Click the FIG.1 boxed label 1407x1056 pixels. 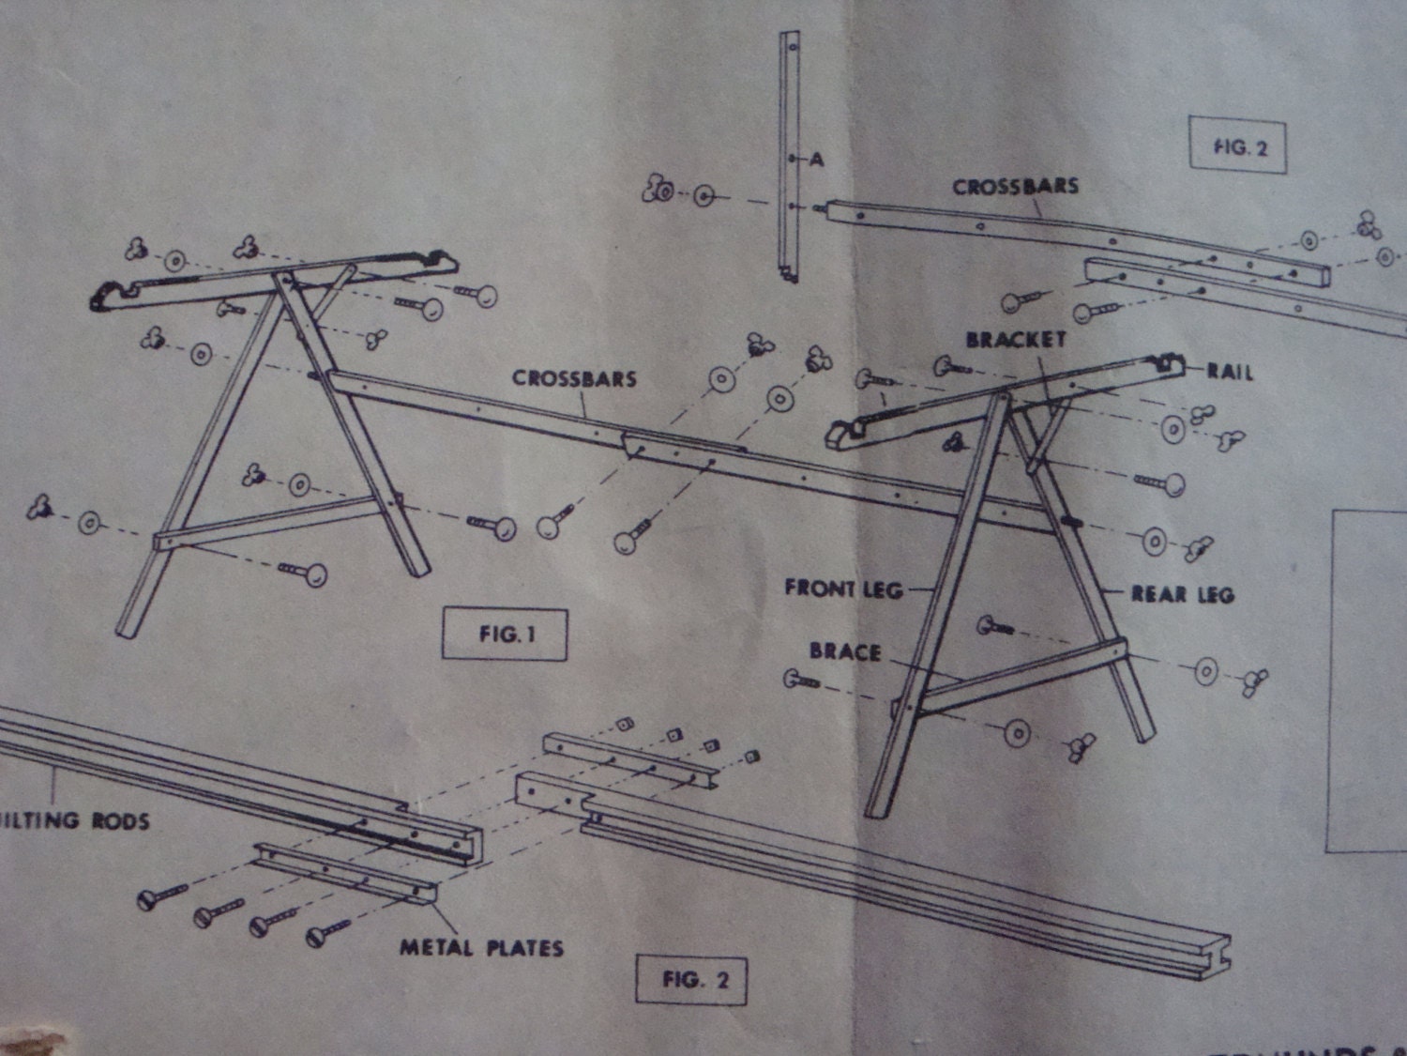point(505,635)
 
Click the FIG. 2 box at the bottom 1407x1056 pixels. point(694,980)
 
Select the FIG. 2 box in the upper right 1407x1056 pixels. point(1238,145)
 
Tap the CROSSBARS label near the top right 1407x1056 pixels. point(1015,187)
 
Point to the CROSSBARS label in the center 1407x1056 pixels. point(573,379)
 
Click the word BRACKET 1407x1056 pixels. point(1016,340)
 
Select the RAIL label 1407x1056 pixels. point(1229,373)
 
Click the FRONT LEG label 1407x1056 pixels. point(842,589)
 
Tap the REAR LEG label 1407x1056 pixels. point(1182,594)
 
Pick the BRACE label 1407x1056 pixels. point(844,651)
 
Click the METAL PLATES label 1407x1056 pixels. point(481,948)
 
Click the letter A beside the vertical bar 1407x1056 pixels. point(817,160)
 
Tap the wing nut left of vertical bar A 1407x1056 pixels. point(656,191)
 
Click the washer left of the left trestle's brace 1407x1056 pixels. point(90,523)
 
